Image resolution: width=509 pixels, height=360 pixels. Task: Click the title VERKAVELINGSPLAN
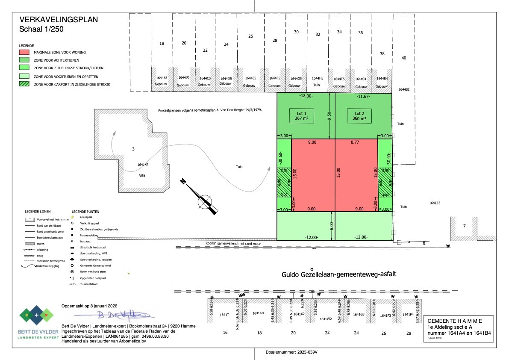click(x=59, y=19)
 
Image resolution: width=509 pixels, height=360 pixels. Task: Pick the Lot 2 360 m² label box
click(x=359, y=116)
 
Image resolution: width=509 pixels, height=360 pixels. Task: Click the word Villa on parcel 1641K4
click(x=142, y=175)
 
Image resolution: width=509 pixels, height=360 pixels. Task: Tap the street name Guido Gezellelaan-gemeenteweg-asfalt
click(x=339, y=274)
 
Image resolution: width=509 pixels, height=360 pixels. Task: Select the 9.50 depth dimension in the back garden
click(x=329, y=116)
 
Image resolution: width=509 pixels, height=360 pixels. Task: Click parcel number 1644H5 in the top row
click(x=317, y=78)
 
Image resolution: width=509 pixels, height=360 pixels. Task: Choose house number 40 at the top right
click(x=403, y=58)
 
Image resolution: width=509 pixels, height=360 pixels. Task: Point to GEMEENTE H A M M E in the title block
click(x=456, y=321)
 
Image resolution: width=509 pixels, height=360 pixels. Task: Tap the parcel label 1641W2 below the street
click(x=326, y=319)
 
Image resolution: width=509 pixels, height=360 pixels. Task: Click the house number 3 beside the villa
click(x=133, y=149)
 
